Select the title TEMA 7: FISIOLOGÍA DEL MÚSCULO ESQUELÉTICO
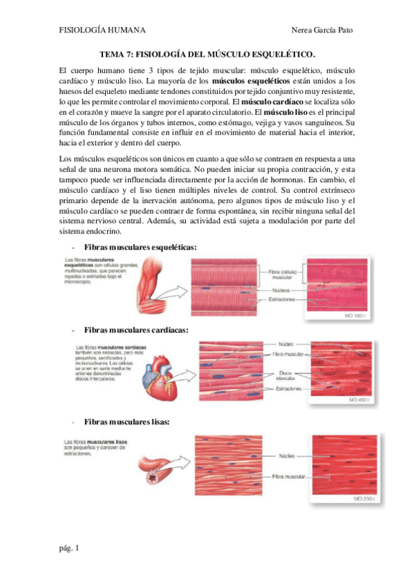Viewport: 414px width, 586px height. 207,54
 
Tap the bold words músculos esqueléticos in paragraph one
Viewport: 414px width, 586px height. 247,82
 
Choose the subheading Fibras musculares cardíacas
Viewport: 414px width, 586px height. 135,330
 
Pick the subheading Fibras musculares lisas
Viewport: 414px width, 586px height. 126,422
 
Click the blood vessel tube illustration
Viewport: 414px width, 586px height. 158,470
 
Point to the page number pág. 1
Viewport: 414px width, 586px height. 69,549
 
